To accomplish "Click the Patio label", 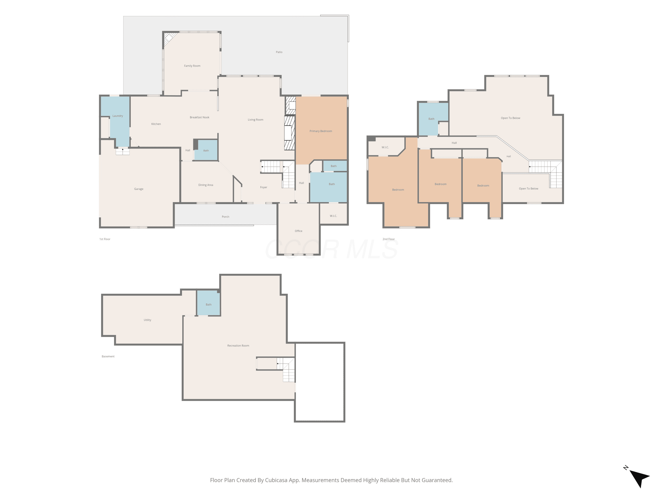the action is pyautogui.click(x=279, y=52).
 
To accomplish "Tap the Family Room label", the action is pyautogui.click(x=192, y=66).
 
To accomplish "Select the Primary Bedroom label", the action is pyautogui.click(x=321, y=131).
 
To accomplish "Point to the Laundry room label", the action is pyautogui.click(x=118, y=116).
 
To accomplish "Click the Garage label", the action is pyautogui.click(x=139, y=189).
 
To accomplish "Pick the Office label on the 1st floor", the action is pyautogui.click(x=299, y=231).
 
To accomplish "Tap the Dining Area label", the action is pyautogui.click(x=206, y=185).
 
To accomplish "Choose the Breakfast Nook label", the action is pyautogui.click(x=200, y=118).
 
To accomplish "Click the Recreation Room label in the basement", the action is pyautogui.click(x=238, y=346).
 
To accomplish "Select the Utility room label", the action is pyautogui.click(x=147, y=320).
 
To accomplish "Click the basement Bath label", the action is pyautogui.click(x=209, y=305).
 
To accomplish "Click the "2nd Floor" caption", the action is pyautogui.click(x=389, y=239).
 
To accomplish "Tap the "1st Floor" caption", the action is pyautogui.click(x=105, y=239).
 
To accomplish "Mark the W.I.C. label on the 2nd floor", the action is pyautogui.click(x=385, y=147).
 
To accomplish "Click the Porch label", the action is pyautogui.click(x=225, y=217).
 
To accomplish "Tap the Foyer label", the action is pyautogui.click(x=263, y=188).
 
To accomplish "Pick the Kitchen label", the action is pyautogui.click(x=156, y=124).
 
